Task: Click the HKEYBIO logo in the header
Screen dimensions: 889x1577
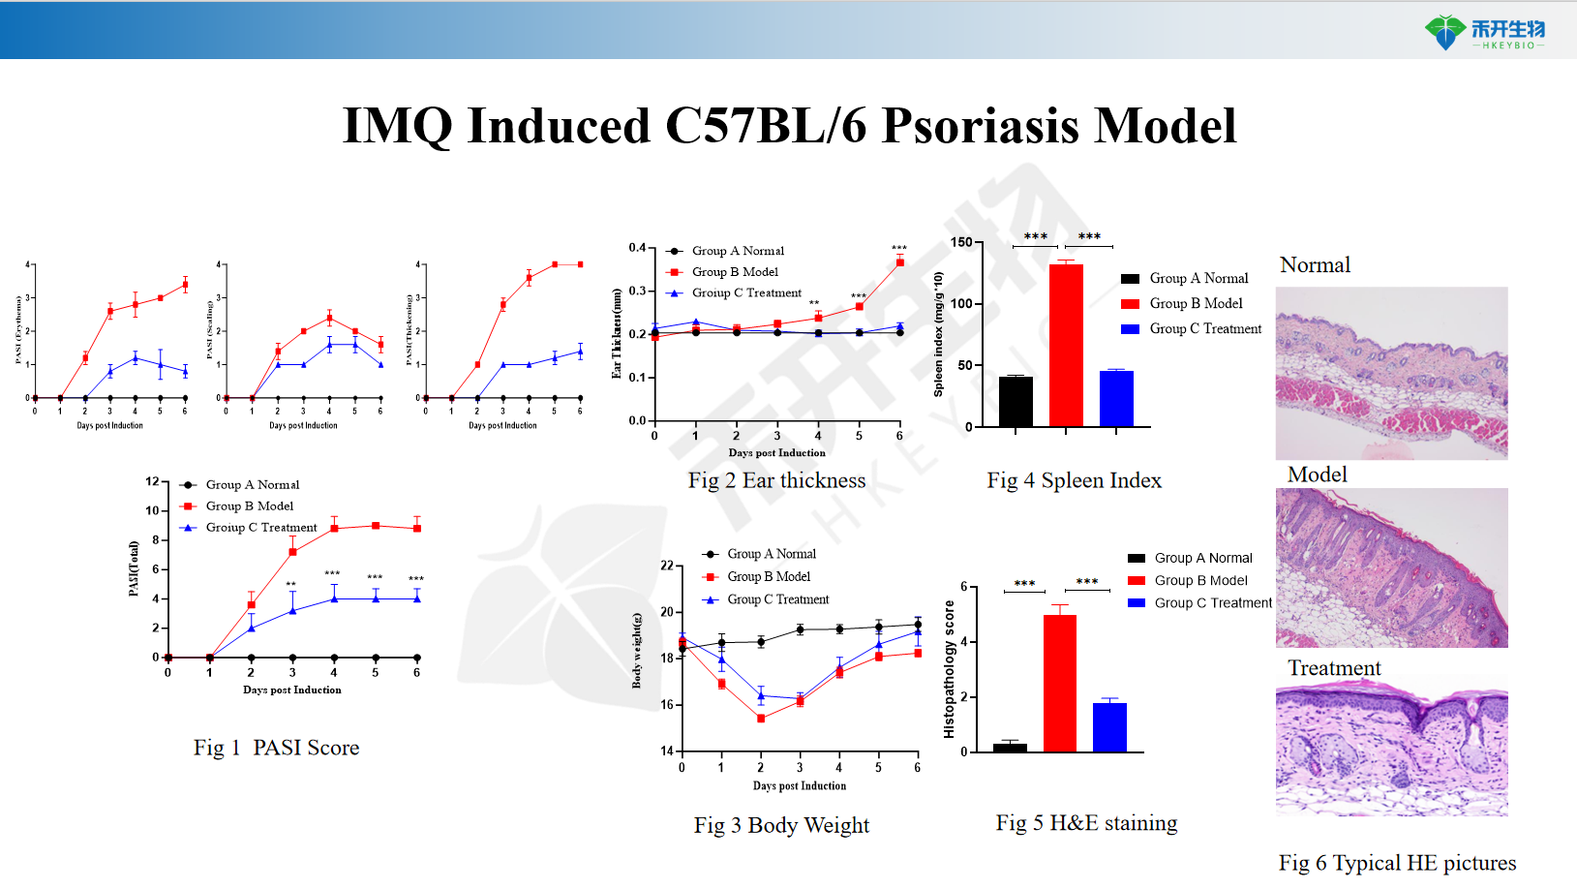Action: (x=1484, y=32)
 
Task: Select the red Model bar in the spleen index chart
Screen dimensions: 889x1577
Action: (x=1066, y=345)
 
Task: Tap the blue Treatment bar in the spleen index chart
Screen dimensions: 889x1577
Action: (x=1116, y=398)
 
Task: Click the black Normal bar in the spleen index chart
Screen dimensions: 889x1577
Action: (x=1016, y=401)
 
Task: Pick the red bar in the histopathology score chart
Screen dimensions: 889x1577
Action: (x=1059, y=683)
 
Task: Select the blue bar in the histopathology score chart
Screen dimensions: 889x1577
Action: (x=1109, y=726)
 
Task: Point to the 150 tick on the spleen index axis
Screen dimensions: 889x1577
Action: (x=961, y=242)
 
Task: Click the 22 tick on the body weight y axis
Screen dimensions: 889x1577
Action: (x=667, y=566)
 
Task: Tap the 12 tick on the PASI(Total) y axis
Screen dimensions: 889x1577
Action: (x=152, y=481)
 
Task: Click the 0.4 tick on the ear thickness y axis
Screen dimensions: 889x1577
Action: (x=637, y=248)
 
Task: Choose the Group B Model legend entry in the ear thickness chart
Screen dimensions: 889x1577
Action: (x=735, y=272)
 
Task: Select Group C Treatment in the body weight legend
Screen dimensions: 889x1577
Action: (x=777, y=599)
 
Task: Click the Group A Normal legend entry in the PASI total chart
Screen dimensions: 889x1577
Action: (x=252, y=484)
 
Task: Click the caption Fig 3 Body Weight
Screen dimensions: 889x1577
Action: (x=781, y=825)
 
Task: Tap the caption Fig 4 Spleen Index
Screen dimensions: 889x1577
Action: (x=1074, y=480)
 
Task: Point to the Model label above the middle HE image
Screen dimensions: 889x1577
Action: (x=1317, y=475)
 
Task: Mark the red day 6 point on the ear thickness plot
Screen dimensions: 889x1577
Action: (x=900, y=262)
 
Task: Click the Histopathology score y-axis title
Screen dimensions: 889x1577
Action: (x=950, y=669)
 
